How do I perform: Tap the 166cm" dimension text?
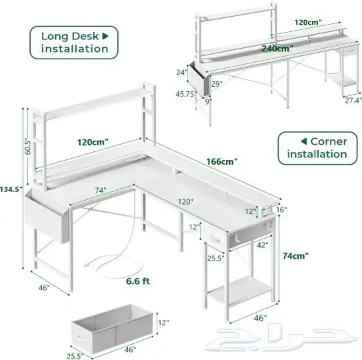coord(221,161)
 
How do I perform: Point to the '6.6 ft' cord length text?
coord(137,281)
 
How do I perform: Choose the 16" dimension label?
coord(281,209)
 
